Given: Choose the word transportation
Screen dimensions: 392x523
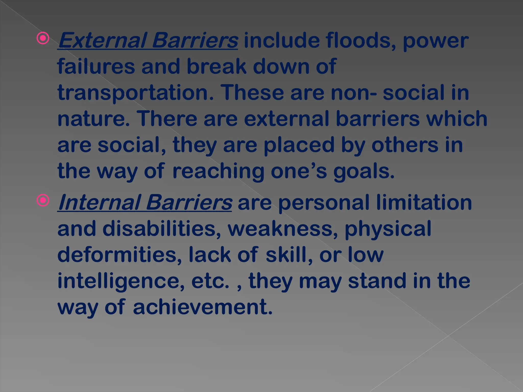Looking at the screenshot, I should (135, 93).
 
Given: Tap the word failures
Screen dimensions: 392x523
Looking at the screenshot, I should (96, 66).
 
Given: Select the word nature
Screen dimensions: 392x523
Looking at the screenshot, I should (93, 119).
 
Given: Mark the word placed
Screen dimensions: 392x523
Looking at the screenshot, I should (299, 145).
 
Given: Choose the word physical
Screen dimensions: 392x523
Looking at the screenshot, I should (388, 229).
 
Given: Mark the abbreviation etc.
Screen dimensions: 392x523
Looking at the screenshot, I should (210, 281).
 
